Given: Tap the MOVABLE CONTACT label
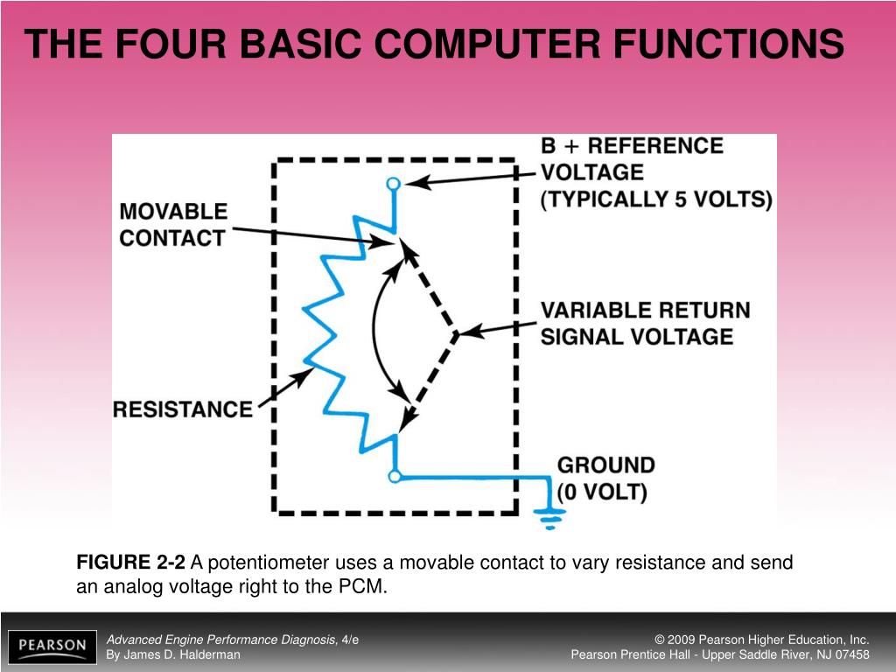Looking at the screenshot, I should tap(173, 225).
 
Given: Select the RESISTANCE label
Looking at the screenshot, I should tap(183, 409).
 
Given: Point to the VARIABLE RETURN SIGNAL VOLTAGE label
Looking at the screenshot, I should tap(645, 323).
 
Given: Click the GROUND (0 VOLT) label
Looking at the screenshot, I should tap(605, 478).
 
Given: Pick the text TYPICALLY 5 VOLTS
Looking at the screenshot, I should tap(657, 199).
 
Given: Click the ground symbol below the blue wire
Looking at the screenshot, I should tap(550, 520).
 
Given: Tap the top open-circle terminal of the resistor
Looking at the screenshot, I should tap(394, 184).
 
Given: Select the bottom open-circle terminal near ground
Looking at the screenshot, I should tap(395, 476).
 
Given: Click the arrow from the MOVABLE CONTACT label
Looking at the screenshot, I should tap(315, 234).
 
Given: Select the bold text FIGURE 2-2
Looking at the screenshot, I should tap(131, 563).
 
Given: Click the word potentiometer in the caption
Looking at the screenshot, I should tap(267, 563).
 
